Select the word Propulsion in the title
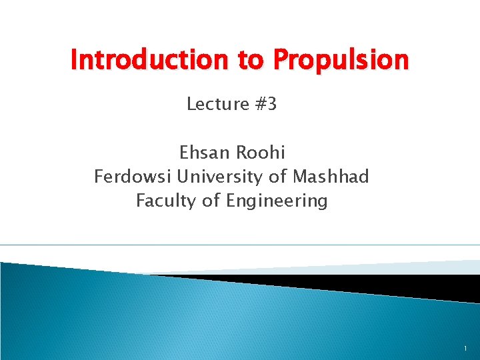[341, 61]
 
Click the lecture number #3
[265, 104]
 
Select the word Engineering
[277, 201]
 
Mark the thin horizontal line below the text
[240, 245]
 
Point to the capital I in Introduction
[74, 61]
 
